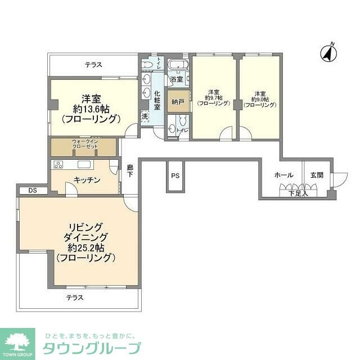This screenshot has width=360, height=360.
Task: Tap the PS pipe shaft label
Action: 175,176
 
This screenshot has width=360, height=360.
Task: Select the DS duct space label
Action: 25,190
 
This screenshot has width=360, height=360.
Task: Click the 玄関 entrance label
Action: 317,175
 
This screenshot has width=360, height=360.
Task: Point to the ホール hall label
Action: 283,175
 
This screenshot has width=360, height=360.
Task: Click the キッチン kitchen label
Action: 87,180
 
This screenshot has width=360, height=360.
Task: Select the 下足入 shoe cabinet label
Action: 298,194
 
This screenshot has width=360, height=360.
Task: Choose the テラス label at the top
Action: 93,65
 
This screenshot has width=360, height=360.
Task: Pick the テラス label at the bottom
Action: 75,297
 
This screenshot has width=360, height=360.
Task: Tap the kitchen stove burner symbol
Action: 58,164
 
